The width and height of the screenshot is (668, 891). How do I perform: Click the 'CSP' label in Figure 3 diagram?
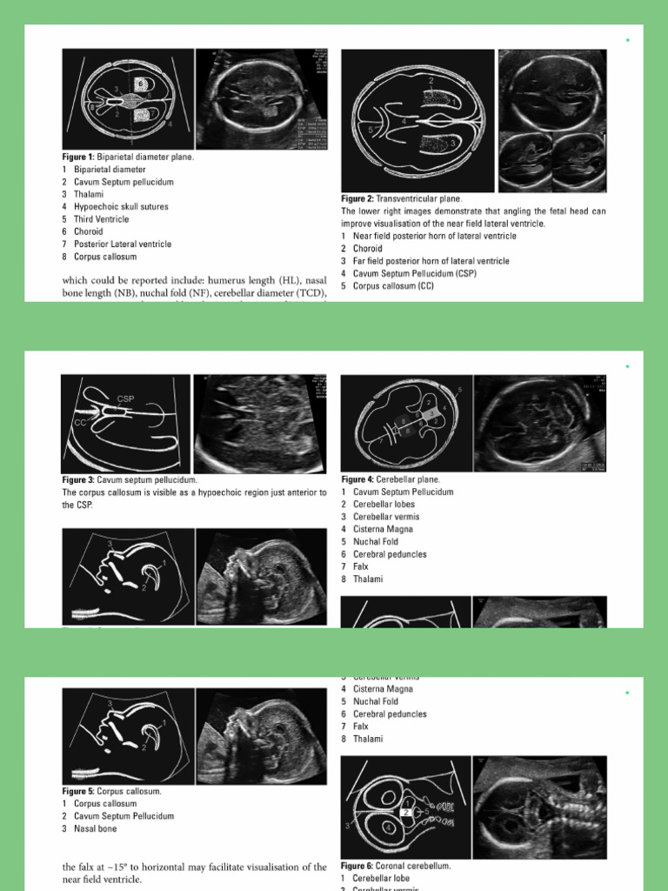pyautogui.click(x=125, y=399)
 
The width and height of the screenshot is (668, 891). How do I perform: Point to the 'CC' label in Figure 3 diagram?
pyautogui.click(x=80, y=422)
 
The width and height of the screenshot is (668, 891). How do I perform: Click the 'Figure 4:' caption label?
pyautogui.click(x=358, y=479)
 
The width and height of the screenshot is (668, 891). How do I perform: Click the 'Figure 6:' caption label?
pyautogui.click(x=358, y=866)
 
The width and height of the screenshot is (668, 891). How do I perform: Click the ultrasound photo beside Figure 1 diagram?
pyautogui.click(x=261, y=98)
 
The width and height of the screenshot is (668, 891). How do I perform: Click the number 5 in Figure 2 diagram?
pyautogui.click(x=371, y=130)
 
